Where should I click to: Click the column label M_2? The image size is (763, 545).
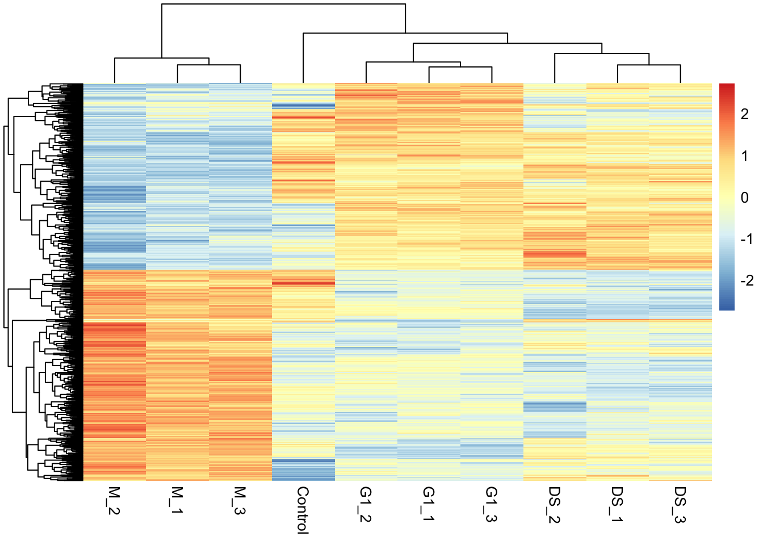pyautogui.click(x=114, y=501)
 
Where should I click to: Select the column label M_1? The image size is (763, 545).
pyautogui.click(x=177, y=501)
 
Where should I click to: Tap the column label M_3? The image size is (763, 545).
pyautogui.click(x=240, y=501)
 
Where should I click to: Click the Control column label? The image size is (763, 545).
pyautogui.click(x=303, y=510)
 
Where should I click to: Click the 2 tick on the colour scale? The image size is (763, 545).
pyautogui.click(x=745, y=114)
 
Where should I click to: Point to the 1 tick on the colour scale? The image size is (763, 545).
pyautogui.click(x=745, y=156)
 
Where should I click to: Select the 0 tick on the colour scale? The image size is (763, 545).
pyautogui.click(x=745, y=198)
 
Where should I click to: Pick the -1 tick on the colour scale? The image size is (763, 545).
pyautogui.click(x=746, y=239)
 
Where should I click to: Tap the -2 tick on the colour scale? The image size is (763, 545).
pyautogui.click(x=746, y=280)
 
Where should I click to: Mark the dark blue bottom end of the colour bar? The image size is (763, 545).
pyautogui.click(x=727, y=307)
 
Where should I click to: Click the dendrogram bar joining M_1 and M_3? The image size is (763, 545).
pyautogui.click(x=209, y=65)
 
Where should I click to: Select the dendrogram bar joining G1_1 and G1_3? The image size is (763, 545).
pyautogui.click(x=460, y=67)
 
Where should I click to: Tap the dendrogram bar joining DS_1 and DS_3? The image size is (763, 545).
pyautogui.click(x=649, y=65)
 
